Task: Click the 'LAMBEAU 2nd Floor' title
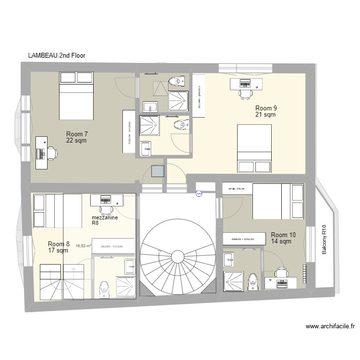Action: coord(57,56)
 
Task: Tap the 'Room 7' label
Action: coord(77,134)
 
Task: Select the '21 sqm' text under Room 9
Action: coord(265,115)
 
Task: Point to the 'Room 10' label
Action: coord(283,235)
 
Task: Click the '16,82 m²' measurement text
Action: coord(84,245)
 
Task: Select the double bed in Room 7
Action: coord(75,96)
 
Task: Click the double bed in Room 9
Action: coord(254,148)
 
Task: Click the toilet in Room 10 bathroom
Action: coord(252,281)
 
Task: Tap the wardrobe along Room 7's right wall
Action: coord(129,132)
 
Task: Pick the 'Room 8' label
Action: coord(59,244)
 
